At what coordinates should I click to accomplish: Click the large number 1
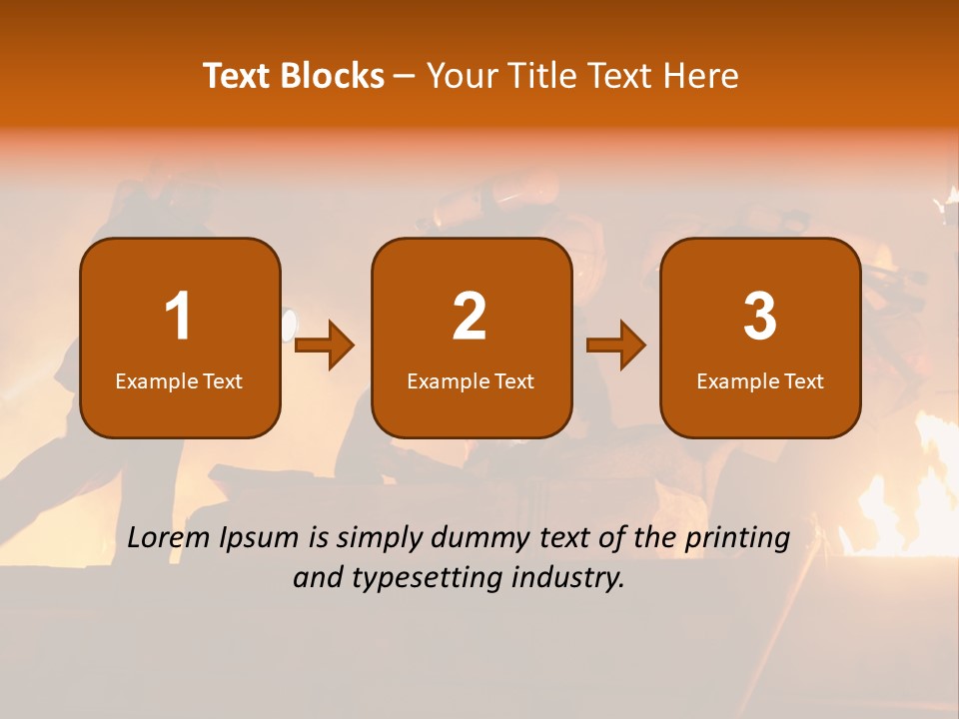point(179,317)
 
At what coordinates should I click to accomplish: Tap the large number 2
point(470,317)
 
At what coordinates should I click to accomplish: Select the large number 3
point(760,317)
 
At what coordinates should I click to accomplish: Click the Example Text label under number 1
point(179,381)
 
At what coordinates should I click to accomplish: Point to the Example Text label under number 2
point(471,381)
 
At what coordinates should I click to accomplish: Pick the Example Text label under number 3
point(760,381)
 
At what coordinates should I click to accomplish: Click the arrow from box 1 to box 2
point(325,346)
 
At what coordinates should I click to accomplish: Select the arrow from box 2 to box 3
point(615,346)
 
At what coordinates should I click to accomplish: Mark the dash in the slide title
point(404,76)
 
